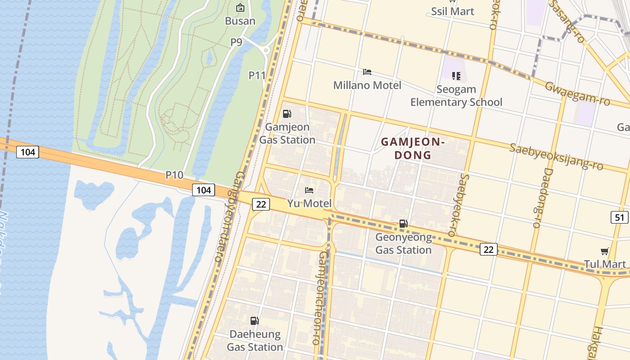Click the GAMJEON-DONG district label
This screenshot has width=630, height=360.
[x=413, y=148]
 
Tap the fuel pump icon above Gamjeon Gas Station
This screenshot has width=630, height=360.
[x=287, y=114]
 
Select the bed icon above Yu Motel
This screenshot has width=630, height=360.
[x=309, y=190]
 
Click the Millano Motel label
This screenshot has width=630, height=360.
[x=367, y=85]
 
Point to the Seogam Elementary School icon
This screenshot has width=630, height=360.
[x=456, y=76]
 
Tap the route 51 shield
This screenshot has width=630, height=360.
[x=620, y=217]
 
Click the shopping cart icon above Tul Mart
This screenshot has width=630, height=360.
[x=604, y=251]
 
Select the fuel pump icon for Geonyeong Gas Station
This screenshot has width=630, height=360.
[x=404, y=224]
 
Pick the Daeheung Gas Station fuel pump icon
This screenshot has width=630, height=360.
[x=255, y=321]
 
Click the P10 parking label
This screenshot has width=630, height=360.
[x=174, y=175]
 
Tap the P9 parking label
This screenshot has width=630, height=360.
[x=236, y=42]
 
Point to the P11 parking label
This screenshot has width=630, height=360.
[x=257, y=75]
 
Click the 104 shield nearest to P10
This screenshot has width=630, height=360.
[x=203, y=190]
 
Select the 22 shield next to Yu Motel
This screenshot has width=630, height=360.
[x=261, y=204]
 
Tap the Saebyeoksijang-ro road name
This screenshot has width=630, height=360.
[x=556, y=157]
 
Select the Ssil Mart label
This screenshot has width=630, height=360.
[x=453, y=11]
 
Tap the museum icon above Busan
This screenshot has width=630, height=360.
[x=240, y=8]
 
